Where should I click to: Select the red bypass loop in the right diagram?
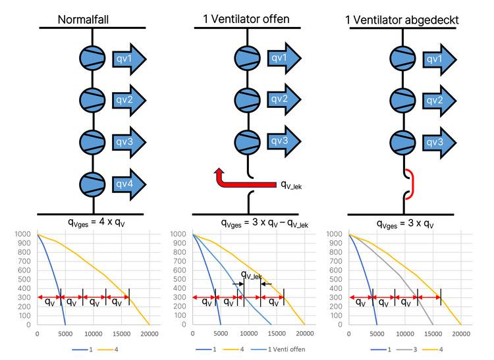point(410,184)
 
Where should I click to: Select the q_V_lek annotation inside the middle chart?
point(252,275)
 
